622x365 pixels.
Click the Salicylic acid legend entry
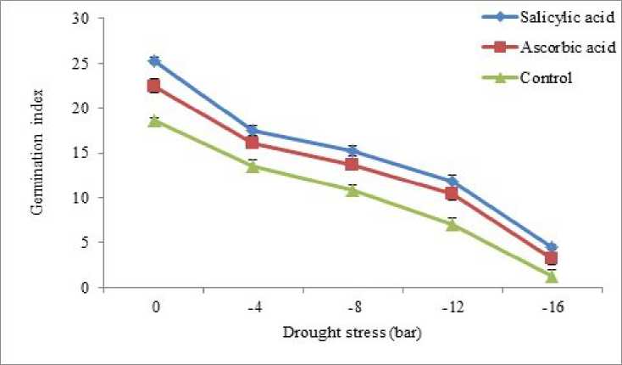click(x=558, y=19)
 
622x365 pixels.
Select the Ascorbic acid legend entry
click(x=558, y=48)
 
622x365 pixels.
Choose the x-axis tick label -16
click(x=551, y=307)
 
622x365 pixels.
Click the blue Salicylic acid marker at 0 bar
click(x=154, y=61)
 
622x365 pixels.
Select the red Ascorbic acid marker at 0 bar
click(x=154, y=86)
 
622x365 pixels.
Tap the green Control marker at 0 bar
click(x=154, y=121)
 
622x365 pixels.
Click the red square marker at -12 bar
click(x=452, y=194)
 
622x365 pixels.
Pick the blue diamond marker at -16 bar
click(x=551, y=247)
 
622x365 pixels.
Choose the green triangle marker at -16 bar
click(x=551, y=276)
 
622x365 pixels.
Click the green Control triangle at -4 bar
click(x=253, y=166)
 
